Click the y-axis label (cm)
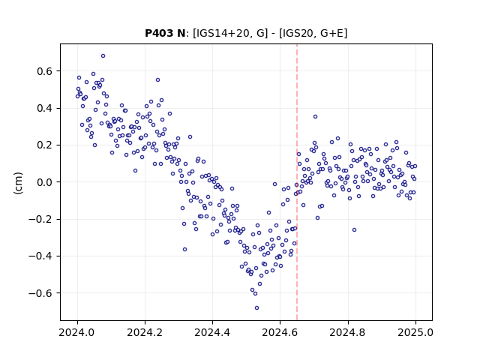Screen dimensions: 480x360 tap(18, 183)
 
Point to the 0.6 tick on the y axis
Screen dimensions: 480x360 tap(45, 71)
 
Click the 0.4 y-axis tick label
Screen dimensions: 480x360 tap(45, 108)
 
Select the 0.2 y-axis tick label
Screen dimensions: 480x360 tap(45, 145)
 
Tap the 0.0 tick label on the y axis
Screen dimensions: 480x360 tap(45, 182)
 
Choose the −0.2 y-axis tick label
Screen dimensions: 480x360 tap(40, 219)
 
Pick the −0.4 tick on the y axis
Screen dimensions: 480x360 tap(40, 256)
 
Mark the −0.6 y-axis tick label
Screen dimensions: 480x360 tap(40, 293)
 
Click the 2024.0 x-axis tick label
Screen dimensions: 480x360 tap(77, 332)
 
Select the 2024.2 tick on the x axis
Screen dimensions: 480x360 tap(145, 332)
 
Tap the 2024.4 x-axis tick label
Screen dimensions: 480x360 tap(212, 332)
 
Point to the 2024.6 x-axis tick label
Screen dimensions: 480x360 tap(280, 332)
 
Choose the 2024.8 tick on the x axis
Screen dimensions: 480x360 tap(347, 332)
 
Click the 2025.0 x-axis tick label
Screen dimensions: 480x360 tap(415, 332)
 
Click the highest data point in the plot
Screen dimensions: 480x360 tap(103, 55)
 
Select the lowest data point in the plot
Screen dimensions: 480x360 tap(256, 307)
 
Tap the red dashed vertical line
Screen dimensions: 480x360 tap(297, 182)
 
